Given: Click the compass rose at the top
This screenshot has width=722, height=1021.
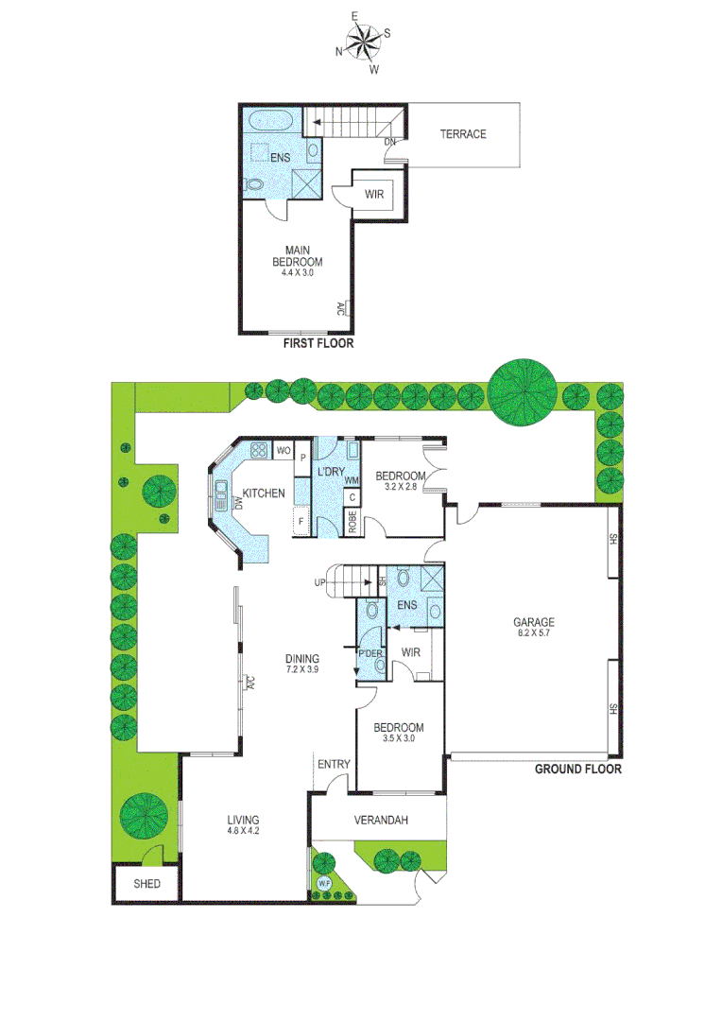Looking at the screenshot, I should click(x=362, y=41).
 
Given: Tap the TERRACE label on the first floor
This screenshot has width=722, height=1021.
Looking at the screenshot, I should click(x=463, y=134).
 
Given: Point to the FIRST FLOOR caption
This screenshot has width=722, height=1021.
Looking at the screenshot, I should click(x=318, y=344).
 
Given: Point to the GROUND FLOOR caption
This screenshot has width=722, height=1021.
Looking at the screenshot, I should click(x=577, y=770).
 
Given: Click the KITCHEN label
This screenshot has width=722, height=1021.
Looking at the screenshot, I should click(x=264, y=493).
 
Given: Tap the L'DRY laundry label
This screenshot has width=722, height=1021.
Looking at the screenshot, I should click(x=330, y=472).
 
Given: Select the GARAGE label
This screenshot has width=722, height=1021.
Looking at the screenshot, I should click(x=534, y=622).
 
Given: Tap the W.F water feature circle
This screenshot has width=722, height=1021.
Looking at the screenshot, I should click(x=324, y=884).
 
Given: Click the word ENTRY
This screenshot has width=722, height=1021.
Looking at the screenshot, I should click(x=334, y=765).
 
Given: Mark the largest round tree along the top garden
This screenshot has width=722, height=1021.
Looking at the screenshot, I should click(x=522, y=391).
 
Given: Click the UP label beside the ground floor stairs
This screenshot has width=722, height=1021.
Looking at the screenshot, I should click(x=319, y=582).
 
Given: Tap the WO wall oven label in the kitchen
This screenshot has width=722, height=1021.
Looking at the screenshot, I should click(x=283, y=452).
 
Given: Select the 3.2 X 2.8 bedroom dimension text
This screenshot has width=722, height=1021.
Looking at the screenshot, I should click(x=399, y=487).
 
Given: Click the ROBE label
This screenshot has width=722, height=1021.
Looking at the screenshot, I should click(x=352, y=523).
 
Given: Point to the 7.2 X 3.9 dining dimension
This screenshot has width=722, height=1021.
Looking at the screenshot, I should click(x=302, y=669).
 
